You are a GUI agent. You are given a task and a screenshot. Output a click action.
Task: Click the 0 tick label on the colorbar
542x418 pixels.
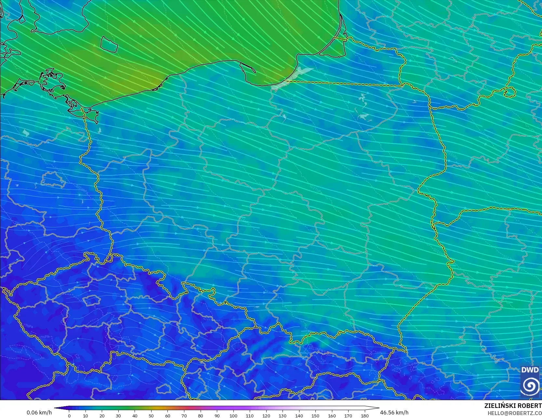tap(69, 416)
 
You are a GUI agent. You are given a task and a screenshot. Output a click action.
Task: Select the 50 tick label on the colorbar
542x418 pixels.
tap(151, 416)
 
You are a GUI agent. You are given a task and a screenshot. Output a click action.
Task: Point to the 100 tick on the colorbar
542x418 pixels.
tap(233, 416)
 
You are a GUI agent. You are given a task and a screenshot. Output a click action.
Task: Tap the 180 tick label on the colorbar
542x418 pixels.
tap(364, 416)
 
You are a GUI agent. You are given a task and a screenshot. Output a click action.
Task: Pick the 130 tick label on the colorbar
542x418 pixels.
tap(283, 416)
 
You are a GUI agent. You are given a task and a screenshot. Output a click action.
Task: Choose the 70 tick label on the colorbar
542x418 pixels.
tap(184, 416)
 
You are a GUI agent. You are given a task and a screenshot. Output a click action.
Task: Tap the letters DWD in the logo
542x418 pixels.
tap(530, 370)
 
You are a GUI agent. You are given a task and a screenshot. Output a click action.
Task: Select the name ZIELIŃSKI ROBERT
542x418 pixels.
tap(513, 406)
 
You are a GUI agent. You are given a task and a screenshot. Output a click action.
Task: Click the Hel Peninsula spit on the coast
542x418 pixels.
tap(249, 67)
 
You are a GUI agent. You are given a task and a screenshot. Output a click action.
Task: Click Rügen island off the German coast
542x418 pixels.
tap(52, 80)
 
